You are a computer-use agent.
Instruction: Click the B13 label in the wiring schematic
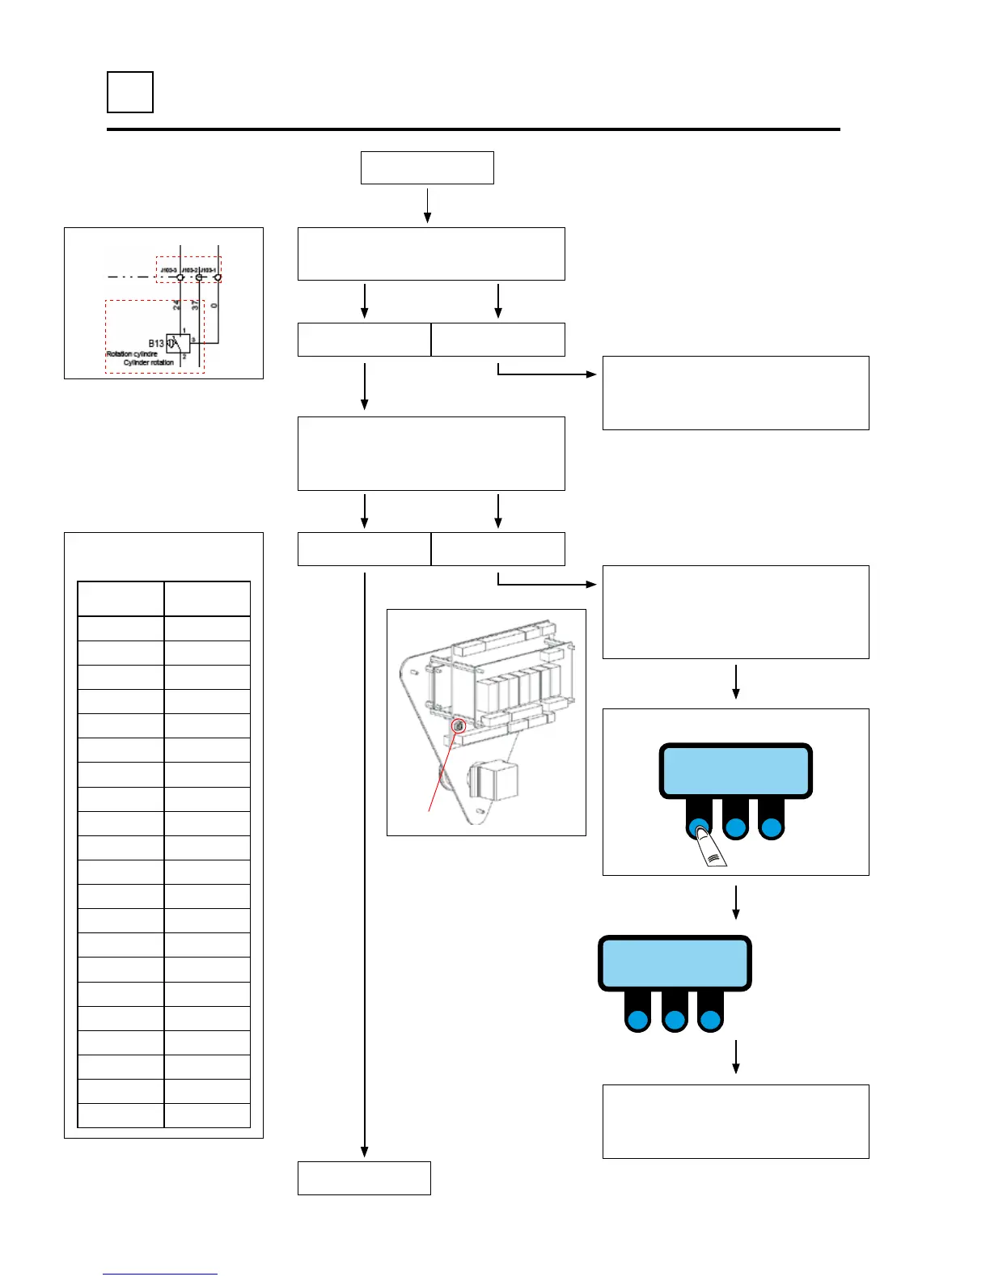click(x=156, y=344)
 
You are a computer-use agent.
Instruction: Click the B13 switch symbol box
click(x=179, y=343)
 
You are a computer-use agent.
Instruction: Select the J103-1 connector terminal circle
click(x=218, y=277)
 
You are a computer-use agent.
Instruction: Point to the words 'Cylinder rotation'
click(x=148, y=363)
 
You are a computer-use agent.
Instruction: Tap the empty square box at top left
click(x=130, y=92)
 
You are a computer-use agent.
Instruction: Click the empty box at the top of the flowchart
click(x=427, y=167)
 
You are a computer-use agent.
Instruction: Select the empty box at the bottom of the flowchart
click(x=364, y=1177)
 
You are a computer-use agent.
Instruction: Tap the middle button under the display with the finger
click(x=735, y=828)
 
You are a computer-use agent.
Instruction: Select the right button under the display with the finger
click(x=771, y=828)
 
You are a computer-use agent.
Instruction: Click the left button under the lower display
click(x=638, y=1020)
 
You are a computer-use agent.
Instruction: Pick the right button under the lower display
click(x=710, y=1020)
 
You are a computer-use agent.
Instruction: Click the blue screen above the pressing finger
click(x=735, y=772)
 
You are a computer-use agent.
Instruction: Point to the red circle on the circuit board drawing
click(x=458, y=726)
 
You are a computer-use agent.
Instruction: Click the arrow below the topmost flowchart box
click(x=427, y=205)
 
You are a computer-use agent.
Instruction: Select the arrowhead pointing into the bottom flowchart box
click(x=365, y=1151)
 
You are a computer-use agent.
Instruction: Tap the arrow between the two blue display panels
click(x=735, y=903)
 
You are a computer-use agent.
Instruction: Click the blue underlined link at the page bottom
click(x=160, y=1274)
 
